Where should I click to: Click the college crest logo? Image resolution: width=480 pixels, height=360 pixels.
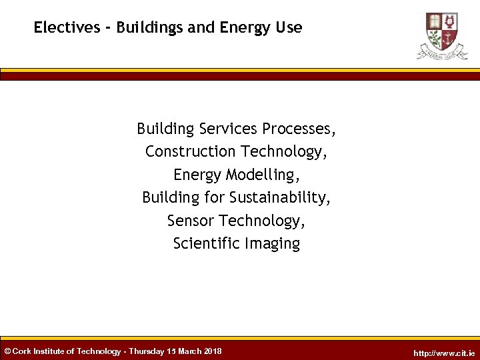[442, 35]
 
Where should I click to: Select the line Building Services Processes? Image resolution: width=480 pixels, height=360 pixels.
[236, 128]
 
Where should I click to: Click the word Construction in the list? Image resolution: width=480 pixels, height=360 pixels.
[191, 151]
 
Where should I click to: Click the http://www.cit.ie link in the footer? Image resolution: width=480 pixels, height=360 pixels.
[444, 353]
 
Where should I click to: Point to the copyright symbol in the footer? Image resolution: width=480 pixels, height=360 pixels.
[7, 351]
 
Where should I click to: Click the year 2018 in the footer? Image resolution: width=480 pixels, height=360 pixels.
[213, 351]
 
